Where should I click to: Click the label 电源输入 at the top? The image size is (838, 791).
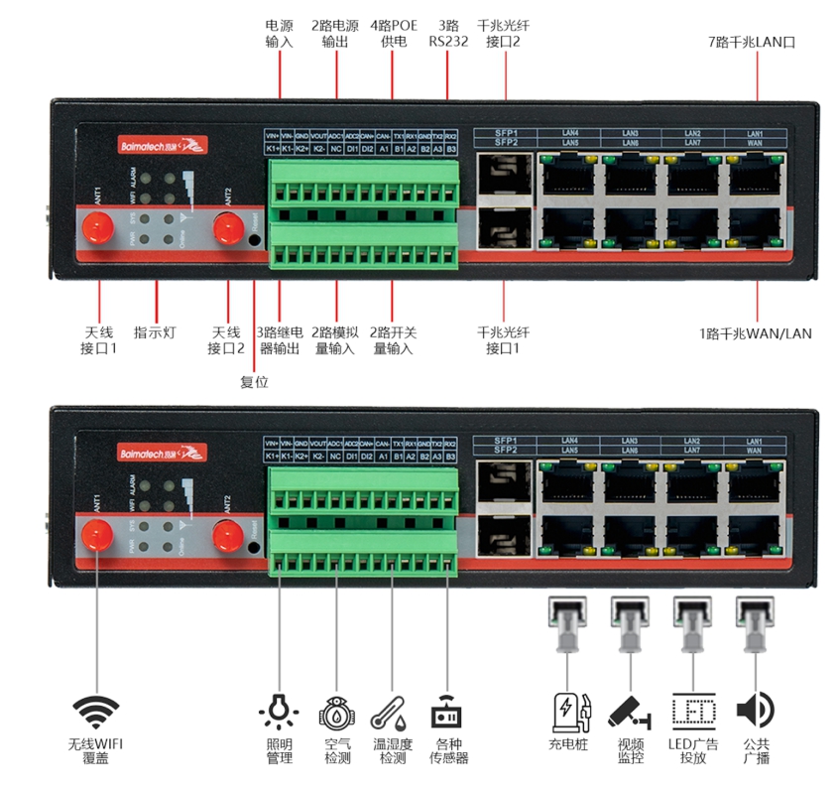(279, 33)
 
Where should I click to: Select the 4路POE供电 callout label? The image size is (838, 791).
(393, 33)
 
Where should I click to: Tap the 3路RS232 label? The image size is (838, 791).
(448, 33)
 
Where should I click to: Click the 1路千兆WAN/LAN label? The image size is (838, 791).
(755, 333)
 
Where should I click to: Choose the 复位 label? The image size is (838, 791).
(255, 381)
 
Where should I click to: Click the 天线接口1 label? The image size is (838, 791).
(99, 340)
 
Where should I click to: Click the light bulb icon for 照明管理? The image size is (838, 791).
(279, 711)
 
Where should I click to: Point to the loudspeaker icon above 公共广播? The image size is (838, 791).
(754, 710)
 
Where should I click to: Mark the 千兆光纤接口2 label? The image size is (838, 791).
(503, 33)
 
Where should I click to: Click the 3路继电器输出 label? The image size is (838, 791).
(279, 340)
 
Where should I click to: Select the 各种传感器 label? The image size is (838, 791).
(448, 751)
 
